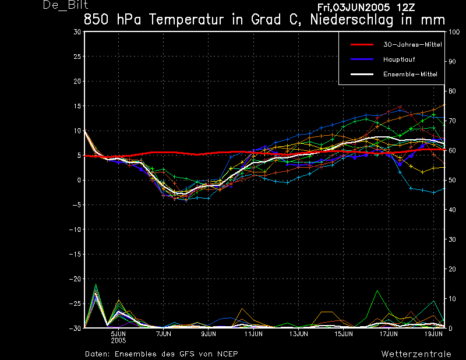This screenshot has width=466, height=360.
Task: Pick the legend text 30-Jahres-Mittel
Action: [x=410, y=44]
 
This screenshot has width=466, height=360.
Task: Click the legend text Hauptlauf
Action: [x=399, y=59]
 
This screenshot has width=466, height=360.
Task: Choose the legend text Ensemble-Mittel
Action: [x=410, y=75]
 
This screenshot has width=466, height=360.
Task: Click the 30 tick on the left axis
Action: [x=77, y=32]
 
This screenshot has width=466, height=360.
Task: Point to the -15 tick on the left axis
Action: [x=75, y=255]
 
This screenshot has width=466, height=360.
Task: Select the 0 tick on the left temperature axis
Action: [x=79, y=180]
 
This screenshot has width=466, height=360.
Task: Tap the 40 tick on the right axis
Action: [x=451, y=210]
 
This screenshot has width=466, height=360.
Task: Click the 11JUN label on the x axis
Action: [x=254, y=334]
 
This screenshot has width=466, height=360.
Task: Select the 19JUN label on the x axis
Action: [x=433, y=334]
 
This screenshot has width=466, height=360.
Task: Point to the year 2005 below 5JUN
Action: [x=119, y=340]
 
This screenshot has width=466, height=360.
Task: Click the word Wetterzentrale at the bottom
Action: [x=416, y=354]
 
